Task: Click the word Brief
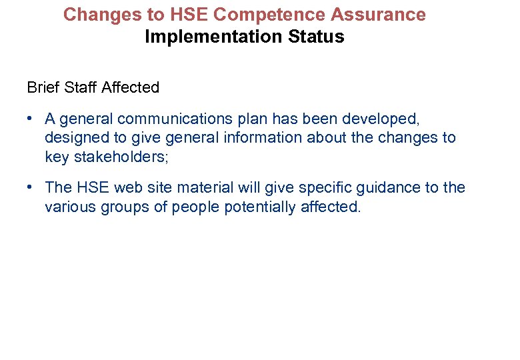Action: tap(43, 87)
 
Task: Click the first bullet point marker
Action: tap(31, 119)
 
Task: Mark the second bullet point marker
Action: tap(31, 188)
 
